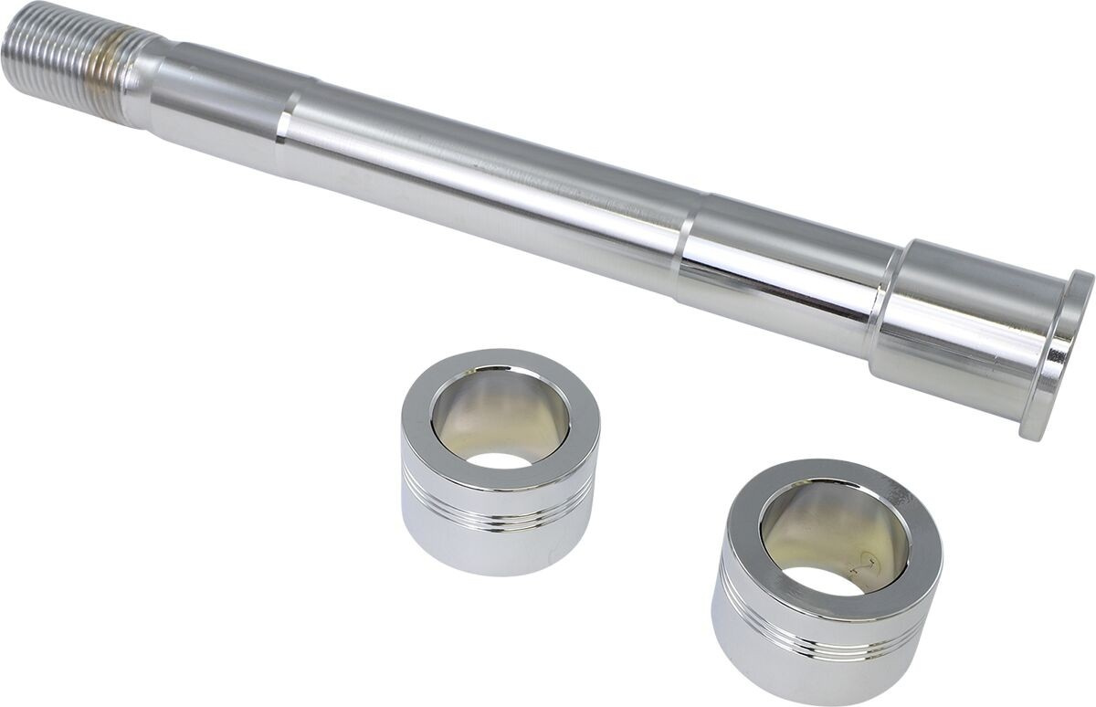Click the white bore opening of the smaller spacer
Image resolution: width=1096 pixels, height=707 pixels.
click(x=501, y=459)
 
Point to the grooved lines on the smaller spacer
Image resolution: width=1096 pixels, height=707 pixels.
click(x=493, y=512)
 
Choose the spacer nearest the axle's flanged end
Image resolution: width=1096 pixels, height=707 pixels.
click(x=827, y=585)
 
